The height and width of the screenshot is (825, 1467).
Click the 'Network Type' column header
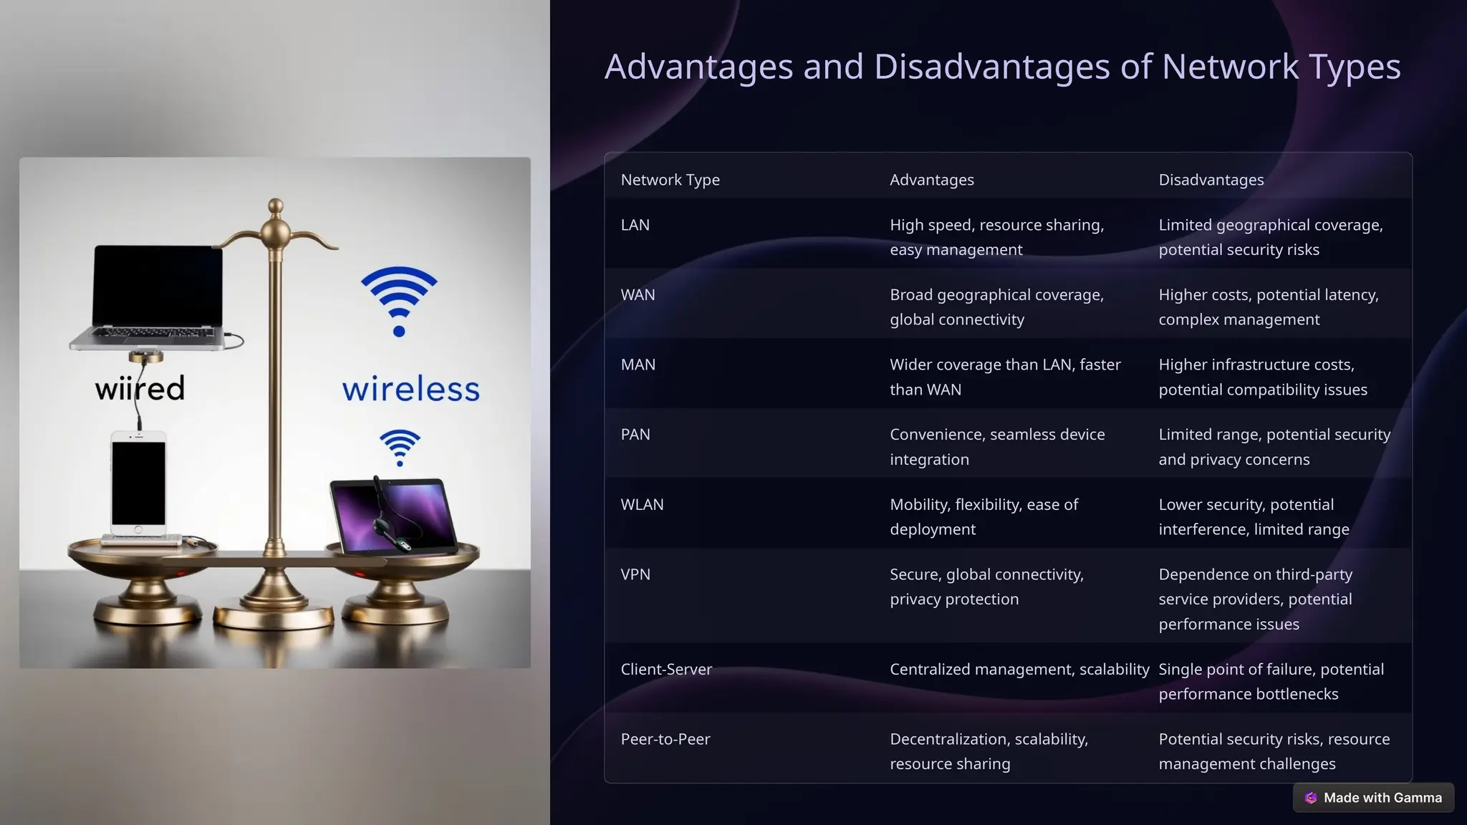click(x=670, y=180)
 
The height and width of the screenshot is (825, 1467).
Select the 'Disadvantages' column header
click(x=1211, y=180)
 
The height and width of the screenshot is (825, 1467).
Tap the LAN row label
click(x=635, y=225)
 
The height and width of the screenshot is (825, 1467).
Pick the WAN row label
click(x=638, y=295)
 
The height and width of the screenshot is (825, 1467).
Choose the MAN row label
click(x=638, y=365)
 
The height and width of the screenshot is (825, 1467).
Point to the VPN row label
click(x=635, y=574)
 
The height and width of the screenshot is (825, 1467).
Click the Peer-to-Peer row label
click(x=665, y=739)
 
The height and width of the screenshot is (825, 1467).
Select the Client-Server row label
click(x=666, y=670)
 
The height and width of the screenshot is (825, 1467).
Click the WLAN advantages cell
click(x=983, y=516)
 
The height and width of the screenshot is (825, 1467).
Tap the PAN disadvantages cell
click(x=1274, y=447)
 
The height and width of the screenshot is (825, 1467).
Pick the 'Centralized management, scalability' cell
click(x=1019, y=670)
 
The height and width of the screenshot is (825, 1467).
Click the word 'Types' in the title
click(x=1354, y=67)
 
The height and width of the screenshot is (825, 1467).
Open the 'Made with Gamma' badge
click(x=1373, y=798)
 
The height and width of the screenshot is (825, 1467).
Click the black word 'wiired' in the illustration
click(x=140, y=389)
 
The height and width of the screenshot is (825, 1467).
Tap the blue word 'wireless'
click(x=410, y=390)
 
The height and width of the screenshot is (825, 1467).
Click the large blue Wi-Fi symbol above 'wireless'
click(x=399, y=299)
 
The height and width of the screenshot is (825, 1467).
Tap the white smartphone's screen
click(x=138, y=483)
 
